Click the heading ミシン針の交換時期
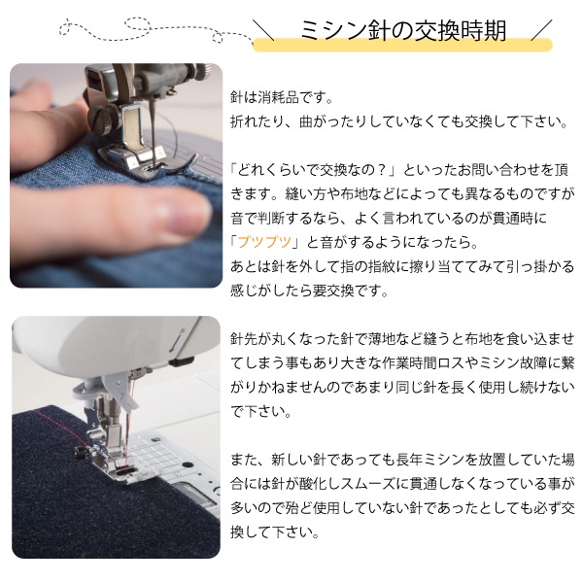[x=403, y=30]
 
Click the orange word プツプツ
[x=264, y=242]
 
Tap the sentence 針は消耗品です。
[x=281, y=98]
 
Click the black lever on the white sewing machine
[x=182, y=360]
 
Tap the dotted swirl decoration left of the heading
[x=156, y=30]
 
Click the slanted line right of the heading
[x=541, y=30]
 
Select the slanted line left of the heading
[x=263, y=30]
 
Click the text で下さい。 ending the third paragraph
[x=261, y=412]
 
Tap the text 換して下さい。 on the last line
[x=275, y=532]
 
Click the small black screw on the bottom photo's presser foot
[x=79, y=452]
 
